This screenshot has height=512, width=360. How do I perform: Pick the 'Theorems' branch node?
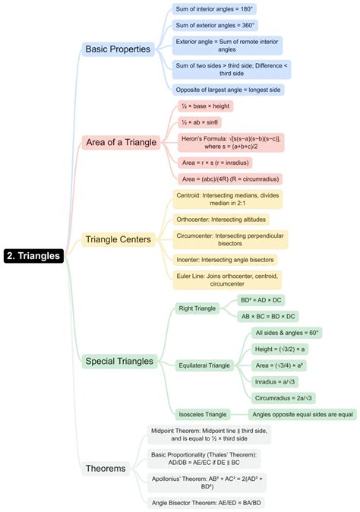click(106, 468)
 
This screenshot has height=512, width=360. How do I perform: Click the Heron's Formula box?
click(229, 142)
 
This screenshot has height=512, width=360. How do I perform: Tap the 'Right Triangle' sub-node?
click(196, 308)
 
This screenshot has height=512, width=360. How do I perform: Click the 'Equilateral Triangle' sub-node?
click(204, 365)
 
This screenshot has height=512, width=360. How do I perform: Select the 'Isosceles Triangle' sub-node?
click(202, 414)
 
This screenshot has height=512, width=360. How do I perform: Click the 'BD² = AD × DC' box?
click(267, 300)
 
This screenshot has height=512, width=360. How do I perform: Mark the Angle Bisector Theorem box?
click(206, 502)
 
